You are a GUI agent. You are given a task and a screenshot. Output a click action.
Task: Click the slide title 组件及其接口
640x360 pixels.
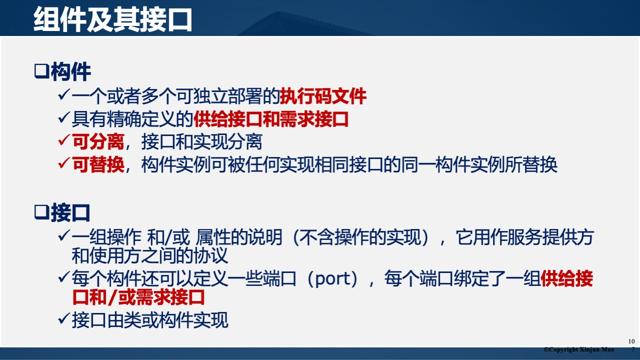point(113,19)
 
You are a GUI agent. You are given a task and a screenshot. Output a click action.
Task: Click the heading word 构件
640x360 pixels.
point(70,72)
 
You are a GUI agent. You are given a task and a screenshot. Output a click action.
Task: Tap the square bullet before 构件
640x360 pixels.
point(40,71)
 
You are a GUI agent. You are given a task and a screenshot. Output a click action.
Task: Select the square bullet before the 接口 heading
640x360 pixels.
point(40,212)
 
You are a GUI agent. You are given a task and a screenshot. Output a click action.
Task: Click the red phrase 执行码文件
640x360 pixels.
point(323,96)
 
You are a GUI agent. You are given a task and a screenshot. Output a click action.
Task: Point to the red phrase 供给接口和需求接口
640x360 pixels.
point(270,119)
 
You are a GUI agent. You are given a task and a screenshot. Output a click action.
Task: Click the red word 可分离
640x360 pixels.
point(98,142)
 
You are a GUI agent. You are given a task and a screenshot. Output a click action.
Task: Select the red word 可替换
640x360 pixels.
point(98,164)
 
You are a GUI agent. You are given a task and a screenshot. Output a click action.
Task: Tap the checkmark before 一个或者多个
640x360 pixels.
point(63,94)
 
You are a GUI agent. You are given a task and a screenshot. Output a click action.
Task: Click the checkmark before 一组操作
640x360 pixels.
point(63,235)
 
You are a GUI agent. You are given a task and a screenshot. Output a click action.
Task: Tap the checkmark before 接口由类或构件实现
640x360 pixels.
point(63,318)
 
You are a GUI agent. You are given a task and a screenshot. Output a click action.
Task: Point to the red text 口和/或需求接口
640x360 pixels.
point(139,298)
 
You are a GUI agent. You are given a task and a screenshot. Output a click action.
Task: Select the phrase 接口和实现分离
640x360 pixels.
point(201,142)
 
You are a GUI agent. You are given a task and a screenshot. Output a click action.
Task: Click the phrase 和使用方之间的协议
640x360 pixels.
point(150,256)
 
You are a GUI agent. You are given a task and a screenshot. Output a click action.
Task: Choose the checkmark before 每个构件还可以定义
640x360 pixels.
point(63,277)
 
